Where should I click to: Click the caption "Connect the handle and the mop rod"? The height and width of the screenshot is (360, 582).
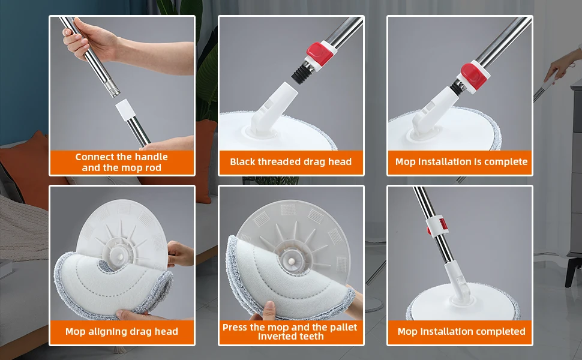(121, 162)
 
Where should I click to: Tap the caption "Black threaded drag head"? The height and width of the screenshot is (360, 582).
(290, 162)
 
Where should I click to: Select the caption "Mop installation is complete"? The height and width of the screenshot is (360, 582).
(461, 162)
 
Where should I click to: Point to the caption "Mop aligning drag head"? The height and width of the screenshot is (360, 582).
(121, 331)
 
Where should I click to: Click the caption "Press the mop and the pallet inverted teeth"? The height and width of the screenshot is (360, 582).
(290, 331)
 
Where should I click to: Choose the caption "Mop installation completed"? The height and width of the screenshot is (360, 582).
(461, 331)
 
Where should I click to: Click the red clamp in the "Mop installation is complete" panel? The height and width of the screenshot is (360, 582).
(473, 76)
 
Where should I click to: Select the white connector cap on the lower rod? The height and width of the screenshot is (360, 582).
(125, 110)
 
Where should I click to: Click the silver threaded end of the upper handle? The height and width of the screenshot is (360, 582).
(112, 89)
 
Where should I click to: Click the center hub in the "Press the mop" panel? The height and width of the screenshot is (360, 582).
(292, 260)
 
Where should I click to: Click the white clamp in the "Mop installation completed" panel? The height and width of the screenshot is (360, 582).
(437, 226)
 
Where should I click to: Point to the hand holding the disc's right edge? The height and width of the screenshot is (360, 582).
(179, 254)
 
